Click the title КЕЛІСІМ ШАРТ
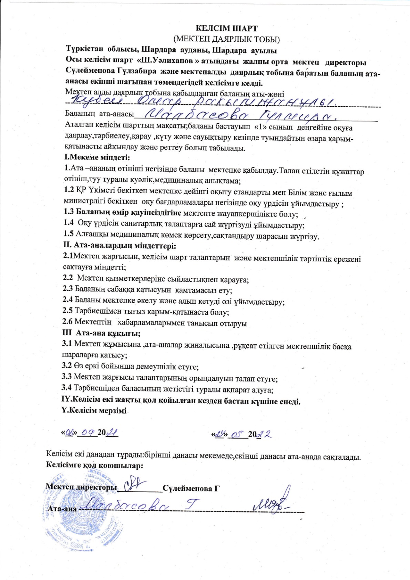226,29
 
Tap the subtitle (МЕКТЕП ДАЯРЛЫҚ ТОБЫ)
226,39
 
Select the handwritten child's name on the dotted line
203,101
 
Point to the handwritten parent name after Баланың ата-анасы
238,115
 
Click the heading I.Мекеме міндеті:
97,157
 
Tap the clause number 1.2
69,190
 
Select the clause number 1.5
69,234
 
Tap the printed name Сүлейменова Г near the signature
191,488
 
